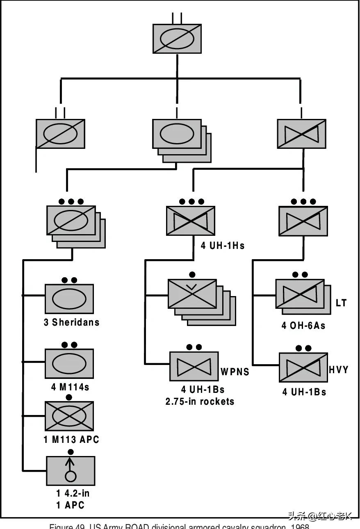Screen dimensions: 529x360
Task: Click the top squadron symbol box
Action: point(177,39)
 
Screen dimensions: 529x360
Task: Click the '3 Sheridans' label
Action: point(72,322)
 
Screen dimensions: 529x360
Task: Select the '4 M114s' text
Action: point(70,387)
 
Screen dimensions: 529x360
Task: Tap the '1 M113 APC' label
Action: point(71,440)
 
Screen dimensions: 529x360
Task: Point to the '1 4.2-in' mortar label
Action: point(73,493)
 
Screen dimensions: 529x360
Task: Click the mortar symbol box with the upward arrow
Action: point(71,471)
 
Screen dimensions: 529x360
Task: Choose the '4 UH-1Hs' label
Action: point(223,246)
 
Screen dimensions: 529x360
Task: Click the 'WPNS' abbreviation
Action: point(235,372)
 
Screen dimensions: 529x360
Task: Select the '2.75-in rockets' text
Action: point(200,401)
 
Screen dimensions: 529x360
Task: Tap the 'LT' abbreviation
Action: point(341,303)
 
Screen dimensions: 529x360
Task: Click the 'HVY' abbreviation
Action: point(339,369)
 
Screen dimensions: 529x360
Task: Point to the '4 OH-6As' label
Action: point(303,326)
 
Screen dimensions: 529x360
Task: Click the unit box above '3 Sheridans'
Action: point(69,299)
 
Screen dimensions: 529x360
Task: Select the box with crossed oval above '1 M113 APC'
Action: point(69,416)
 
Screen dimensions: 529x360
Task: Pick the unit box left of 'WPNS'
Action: point(194,366)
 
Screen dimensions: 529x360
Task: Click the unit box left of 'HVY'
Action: point(303,367)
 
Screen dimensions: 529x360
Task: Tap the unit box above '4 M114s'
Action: point(69,363)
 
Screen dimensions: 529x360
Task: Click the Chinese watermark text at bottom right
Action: point(320,516)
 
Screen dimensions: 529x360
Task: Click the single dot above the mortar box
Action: point(71,452)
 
